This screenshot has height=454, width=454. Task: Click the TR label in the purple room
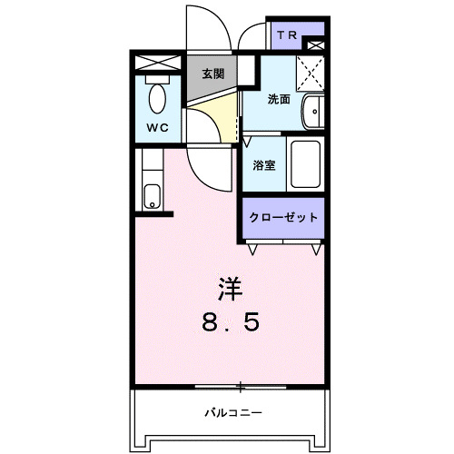[x=287, y=35]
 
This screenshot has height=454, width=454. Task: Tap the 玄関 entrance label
[x=212, y=74]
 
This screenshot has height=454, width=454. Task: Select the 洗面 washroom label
[x=279, y=100]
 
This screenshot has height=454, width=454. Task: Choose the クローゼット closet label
[x=283, y=217]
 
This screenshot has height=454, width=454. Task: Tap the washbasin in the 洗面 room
[x=313, y=112]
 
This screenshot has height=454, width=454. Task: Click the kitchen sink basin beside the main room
[x=152, y=195]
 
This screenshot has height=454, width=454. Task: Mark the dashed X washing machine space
[x=311, y=69]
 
